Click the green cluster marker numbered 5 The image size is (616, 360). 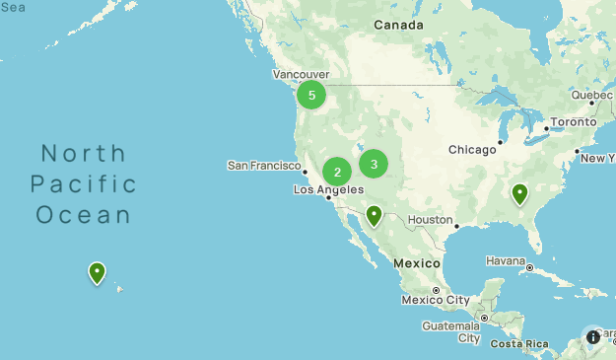click(x=311, y=95)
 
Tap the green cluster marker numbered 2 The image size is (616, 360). click(x=337, y=172)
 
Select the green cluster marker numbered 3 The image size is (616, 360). click(x=374, y=163)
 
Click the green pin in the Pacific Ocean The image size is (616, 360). click(x=97, y=272)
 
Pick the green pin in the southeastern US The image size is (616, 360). click(x=519, y=193)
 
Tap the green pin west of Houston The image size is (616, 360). click(x=374, y=215)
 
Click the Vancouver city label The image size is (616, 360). click(x=301, y=74)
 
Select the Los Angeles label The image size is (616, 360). click(x=328, y=189)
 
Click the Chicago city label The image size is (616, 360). click(x=472, y=149)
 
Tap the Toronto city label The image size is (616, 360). click(x=573, y=121)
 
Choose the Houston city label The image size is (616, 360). click(x=430, y=219)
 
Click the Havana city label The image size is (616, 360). click(x=505, y=260)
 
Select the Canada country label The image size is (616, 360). click(x=398, y=25)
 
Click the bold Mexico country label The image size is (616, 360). click(x=415, y=263)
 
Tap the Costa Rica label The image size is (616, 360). click(x=518, y=343)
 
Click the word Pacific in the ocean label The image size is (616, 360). click(x=84, y=183)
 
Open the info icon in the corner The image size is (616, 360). click(x=593, y=336)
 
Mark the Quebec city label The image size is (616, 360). click(x=591, y=95)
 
